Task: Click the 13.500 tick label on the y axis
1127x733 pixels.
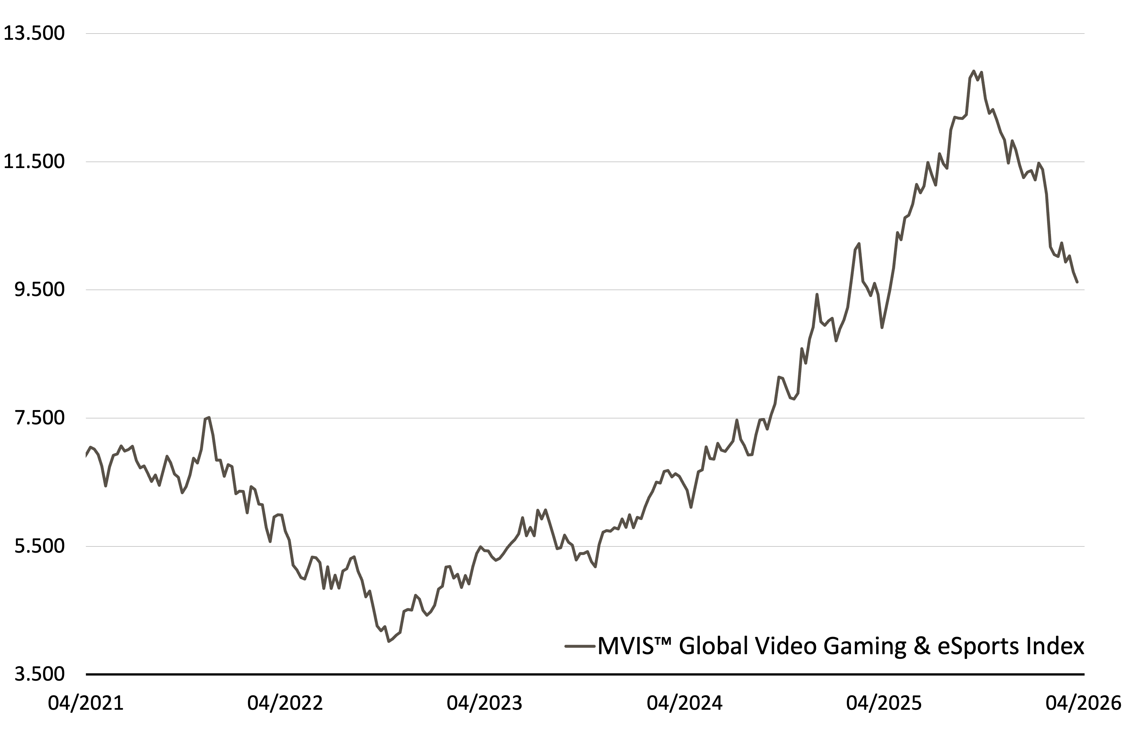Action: coord(34,34)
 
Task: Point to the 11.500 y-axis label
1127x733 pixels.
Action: coord(34,162)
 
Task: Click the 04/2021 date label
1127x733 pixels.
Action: coord(86,703)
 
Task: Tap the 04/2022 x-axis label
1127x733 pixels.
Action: coord(285,703)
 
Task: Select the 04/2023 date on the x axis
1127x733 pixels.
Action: coord(484,703)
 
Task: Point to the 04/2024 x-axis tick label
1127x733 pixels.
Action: coord(685,703)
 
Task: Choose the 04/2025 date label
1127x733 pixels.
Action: coord(884,703)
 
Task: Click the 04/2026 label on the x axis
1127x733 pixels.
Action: coord(1083,703)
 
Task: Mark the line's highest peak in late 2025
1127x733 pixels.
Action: coord(973,71)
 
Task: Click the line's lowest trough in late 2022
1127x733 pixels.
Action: coord(389,642)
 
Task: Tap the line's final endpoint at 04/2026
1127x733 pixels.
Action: coord(1077,282)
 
